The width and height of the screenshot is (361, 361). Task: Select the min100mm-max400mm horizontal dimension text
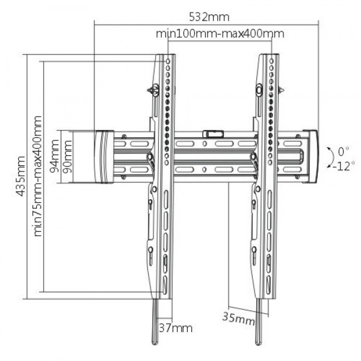coord(220,34)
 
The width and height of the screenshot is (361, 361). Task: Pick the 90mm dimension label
coord(67,156)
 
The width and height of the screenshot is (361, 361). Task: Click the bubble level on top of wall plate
coord(211,131)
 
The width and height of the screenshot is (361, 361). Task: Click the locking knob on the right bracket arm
coord(259,90)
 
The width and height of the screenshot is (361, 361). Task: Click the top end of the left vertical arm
coord(165,58)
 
